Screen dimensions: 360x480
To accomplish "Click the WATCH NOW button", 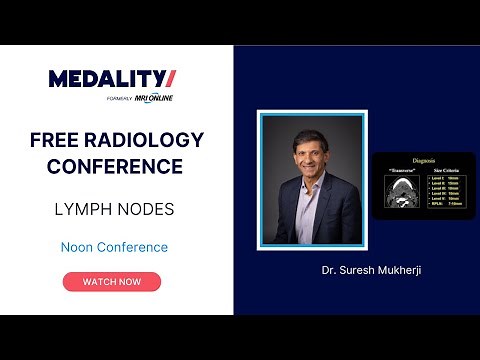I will pos(111,281).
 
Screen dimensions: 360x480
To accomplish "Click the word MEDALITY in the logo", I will pos(99,79).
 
